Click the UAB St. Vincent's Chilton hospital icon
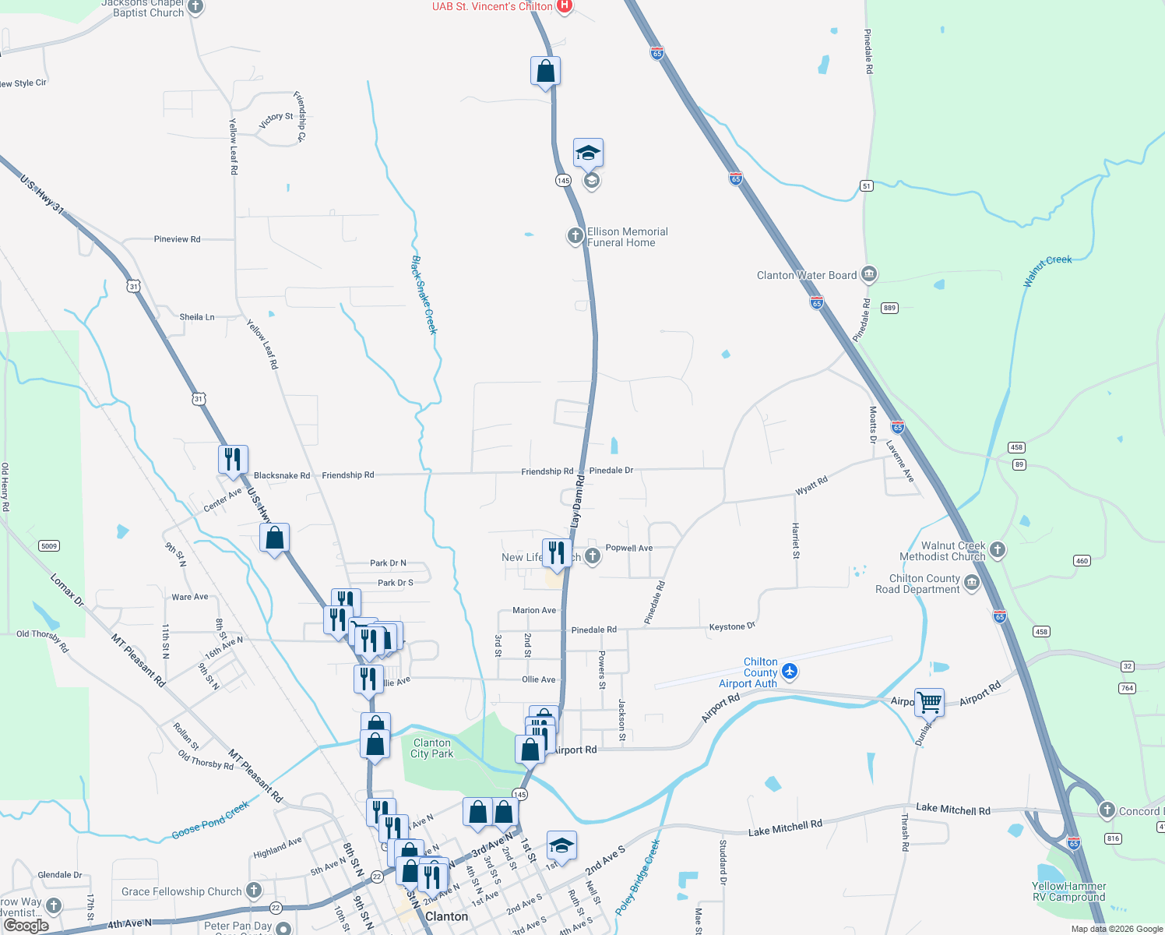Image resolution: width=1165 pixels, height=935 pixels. click(565, 6)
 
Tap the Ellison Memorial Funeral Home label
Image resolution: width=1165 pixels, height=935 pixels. click(627, 237)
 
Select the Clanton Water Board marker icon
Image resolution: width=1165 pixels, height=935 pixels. click(869, 274)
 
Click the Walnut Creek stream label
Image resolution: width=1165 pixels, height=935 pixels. click(1047, 270)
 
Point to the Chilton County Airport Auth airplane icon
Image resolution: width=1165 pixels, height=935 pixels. click(790, 671)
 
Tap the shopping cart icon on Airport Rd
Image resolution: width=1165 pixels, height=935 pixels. click(930, 702)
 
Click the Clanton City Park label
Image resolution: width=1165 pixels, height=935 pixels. click(431, 748)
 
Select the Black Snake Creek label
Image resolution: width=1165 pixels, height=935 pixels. click(424, 295)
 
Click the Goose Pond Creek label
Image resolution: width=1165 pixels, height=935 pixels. click(210, 821)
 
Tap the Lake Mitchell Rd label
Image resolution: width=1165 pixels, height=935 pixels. click(953, 810)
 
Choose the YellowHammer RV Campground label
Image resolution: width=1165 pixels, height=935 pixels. click(1068, 891)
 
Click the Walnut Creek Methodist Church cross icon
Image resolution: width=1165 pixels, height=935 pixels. click(998, 550)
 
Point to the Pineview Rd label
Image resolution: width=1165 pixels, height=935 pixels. click(177, 239)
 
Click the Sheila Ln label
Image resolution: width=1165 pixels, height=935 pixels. click(197, 317)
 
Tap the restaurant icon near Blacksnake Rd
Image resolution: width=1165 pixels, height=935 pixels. click(233, 459)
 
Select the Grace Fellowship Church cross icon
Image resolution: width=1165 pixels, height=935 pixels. click(254, 890)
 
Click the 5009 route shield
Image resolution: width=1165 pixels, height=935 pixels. click(49, 545)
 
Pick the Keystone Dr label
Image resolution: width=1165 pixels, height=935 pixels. click(732, 626)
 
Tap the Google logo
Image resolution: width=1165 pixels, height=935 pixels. click(26, 925)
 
